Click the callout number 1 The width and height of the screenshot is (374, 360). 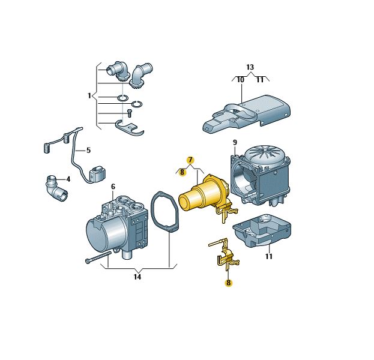(89, 96)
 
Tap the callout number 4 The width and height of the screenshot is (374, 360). (68, 179)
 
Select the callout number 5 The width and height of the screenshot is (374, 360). (88, 151)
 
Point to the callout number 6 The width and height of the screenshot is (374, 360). (113, 187)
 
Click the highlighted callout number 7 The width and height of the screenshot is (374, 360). (190, 160)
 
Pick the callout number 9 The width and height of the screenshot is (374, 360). (235, 143)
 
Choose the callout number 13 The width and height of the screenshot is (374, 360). (250, 67)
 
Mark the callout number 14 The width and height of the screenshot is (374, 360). (137, 277)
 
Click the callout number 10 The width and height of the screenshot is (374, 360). (241, 80)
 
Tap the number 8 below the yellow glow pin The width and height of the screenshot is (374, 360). (229, 283)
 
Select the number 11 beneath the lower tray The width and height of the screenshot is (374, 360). (269, 257)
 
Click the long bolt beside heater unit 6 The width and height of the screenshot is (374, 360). (98, 257)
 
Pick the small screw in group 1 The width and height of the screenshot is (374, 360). (130, 113)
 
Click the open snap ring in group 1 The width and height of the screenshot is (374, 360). (137, 104)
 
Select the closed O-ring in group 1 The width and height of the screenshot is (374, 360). (122, 98)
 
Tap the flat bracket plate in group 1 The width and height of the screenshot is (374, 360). (129, 128)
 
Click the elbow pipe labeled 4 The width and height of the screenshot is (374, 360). (56, 188)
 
